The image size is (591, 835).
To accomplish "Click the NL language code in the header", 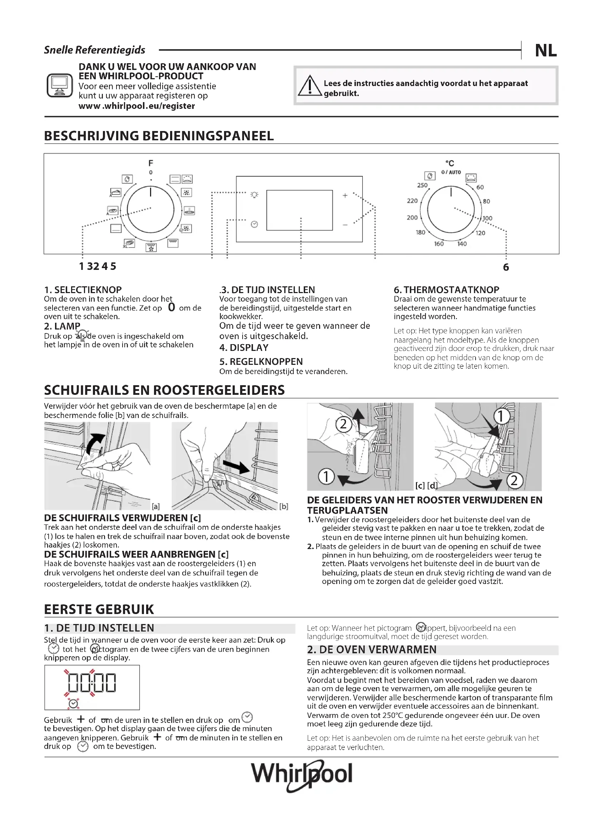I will pyautogui.click(x=546, y=51).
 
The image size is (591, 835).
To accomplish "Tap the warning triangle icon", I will pyautogui.click(x=310, y=86).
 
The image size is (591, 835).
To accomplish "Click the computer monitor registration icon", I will pyautogui.click(x=60, y=85).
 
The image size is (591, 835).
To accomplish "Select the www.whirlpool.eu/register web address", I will pyautogui.click(x=137, y=106).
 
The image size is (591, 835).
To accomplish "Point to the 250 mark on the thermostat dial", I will pyautogui.click(x=422, y=185).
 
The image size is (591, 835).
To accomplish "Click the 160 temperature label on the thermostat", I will pyautogui.click(x=439, y=244).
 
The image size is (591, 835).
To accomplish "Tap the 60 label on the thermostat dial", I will pyautogui.click(x=480, y=187).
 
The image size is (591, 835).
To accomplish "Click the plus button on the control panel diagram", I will pyautogui.click(x=345, y=196).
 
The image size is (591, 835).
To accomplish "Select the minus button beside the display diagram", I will pyautogui.click(x=345, y=225).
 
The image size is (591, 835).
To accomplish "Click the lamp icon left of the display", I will pyautogui.click(x=254, y=195).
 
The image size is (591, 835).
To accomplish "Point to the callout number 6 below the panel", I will pyautogui.click(x=506, y=267).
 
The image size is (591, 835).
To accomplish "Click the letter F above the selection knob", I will pyautogui.click(x=151, y=163).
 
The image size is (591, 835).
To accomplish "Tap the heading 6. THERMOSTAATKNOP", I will pyautogui.click(x=446, y=290).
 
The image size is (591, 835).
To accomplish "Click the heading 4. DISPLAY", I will pyautogui.click(x=244, y=348).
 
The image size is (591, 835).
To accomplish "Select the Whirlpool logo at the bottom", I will pyautogui.click(x=302, y=774).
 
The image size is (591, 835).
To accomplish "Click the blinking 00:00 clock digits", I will pyautogui.click(x=92, y=683).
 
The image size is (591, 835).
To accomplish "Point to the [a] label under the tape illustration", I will pyautogui.click(x=156, y=506).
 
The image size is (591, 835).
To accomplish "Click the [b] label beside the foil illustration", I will pyautogui.click(x=284, y=506).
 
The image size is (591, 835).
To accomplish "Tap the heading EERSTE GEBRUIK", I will pyautogui.click(x=99, y=609).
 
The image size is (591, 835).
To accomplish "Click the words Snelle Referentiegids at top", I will pyautogui.click(x=95, y=50).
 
